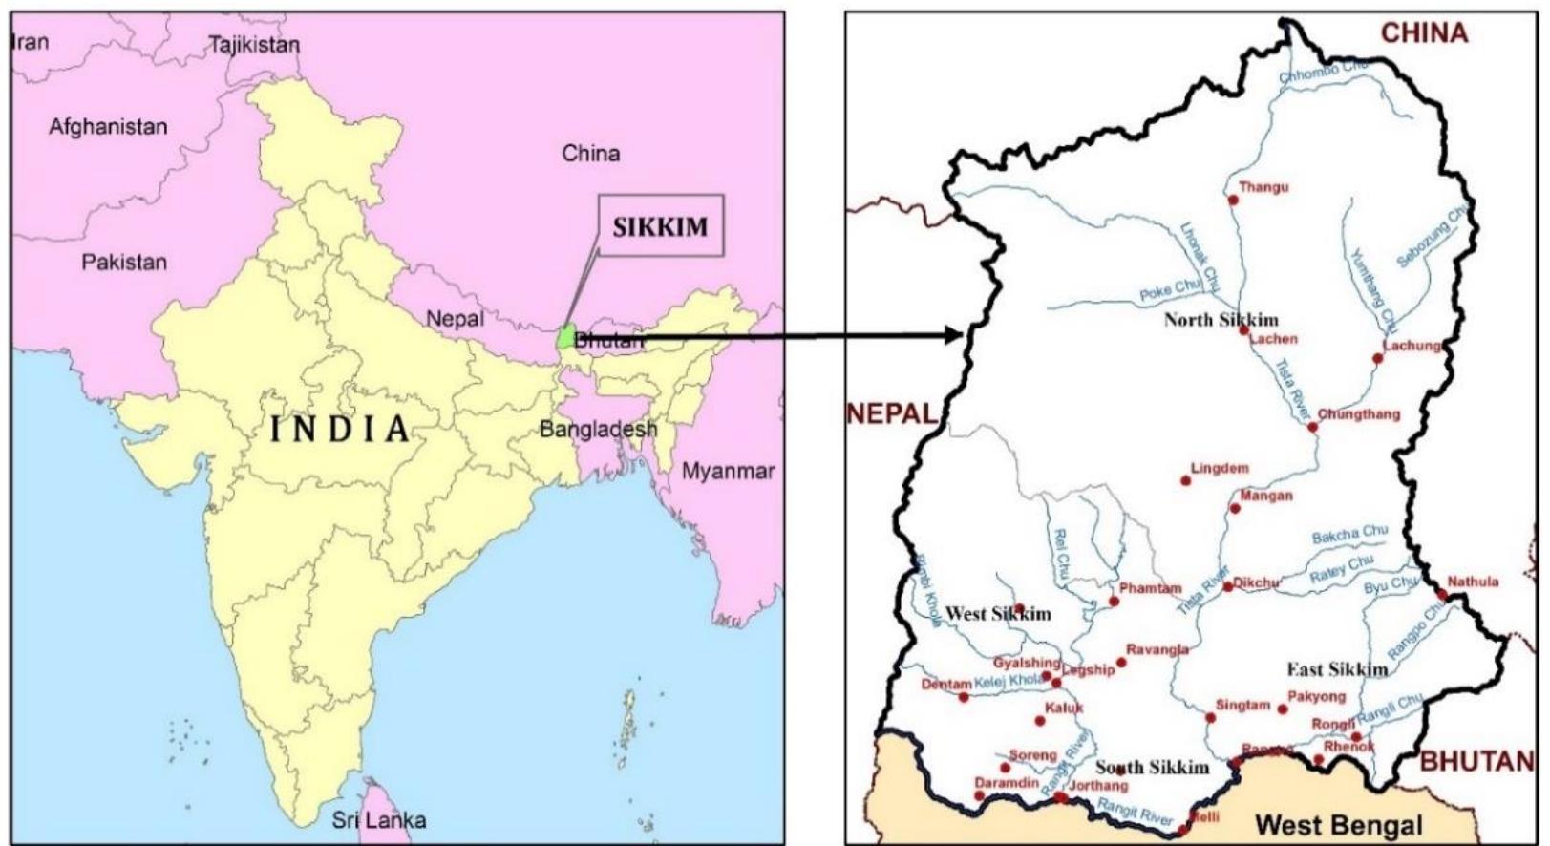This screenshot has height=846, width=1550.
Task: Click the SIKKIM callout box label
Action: tap(660, 226)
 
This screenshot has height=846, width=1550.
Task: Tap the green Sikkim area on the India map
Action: tap(566, 337)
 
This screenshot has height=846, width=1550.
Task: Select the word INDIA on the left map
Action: tap(340, 429)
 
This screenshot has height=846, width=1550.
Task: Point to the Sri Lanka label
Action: tap(379, 819)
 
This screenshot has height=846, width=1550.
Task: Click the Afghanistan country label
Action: tap(108, 127)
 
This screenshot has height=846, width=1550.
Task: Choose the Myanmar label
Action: tap(728, 471)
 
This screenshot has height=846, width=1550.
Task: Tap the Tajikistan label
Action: tap(254, 45)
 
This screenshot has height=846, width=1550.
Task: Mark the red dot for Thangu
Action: tap(1233, 200)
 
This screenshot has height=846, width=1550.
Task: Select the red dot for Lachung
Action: tap(1377, 359)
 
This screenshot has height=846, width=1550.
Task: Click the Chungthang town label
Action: tap(1359, 414)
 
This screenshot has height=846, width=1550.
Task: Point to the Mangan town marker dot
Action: tap(1235, 508)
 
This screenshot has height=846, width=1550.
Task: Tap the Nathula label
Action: tap(1473, 582)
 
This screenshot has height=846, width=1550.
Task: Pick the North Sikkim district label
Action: tap(1221, 320)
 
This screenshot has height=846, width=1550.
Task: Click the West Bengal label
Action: tap(1338, 824)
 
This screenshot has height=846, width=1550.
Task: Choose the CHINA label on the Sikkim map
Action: tap(1424, 33)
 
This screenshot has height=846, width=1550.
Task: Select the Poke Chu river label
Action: tap(1169, 290)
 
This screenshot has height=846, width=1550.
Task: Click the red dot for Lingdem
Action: tap(1186, 480)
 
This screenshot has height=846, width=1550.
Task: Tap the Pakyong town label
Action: tap(1316, 697)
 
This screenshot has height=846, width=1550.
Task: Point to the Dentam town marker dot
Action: tap(964, 697)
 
